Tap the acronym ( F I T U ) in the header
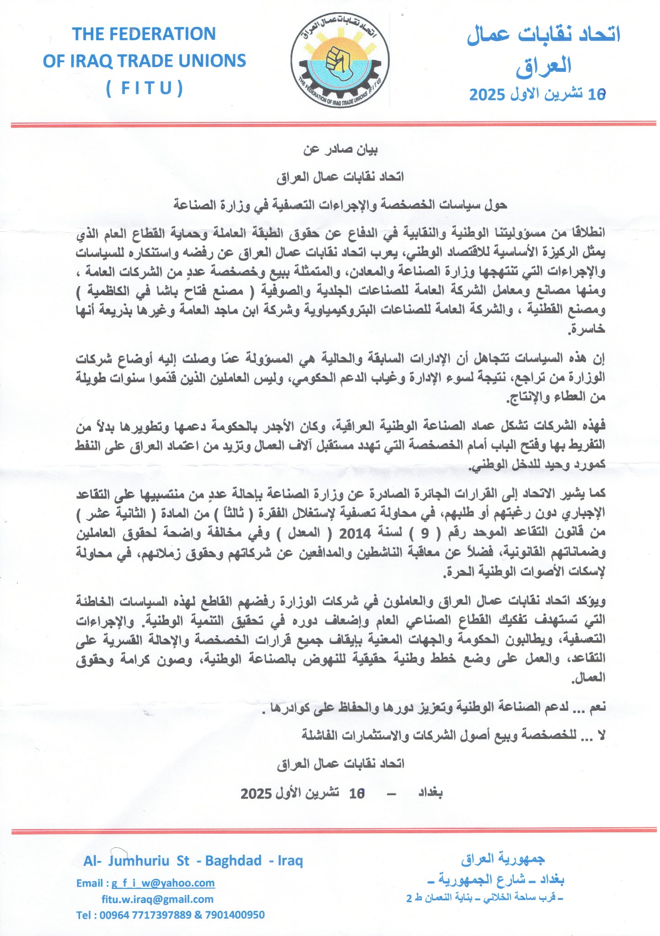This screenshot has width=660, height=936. coord(144,88)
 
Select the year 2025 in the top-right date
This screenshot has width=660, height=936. coord(487,95)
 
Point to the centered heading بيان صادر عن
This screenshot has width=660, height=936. coord(341,149)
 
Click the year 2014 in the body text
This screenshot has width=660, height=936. coord(355,533)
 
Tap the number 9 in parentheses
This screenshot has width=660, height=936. coord(425,533)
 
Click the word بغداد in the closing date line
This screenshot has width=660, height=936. coord(430,792)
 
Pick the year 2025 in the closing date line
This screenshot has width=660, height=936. coord(256,793)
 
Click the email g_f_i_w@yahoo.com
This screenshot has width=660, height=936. coord(163,883)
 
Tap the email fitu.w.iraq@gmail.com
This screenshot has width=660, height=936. coord(157,899)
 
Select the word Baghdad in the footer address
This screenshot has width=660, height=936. coord(233,861)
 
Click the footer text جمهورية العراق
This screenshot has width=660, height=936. coord(503,859)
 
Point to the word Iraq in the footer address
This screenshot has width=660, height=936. coord(290,861)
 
